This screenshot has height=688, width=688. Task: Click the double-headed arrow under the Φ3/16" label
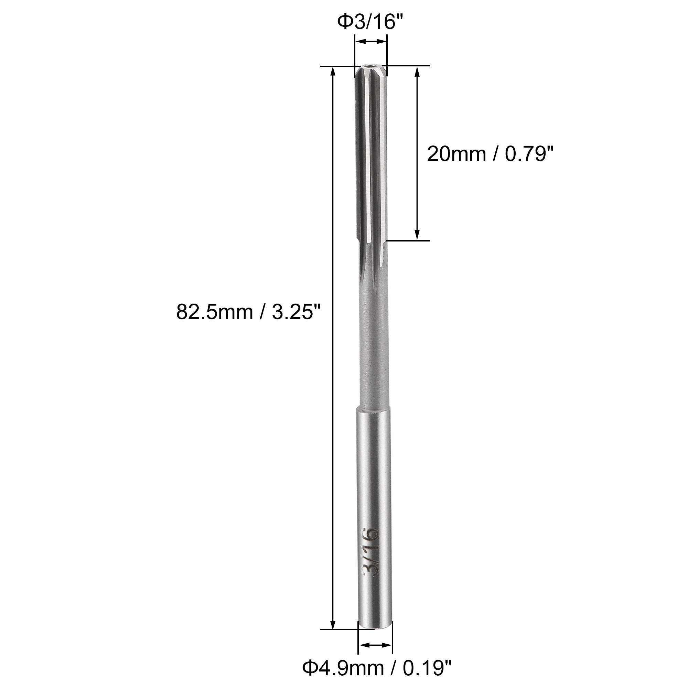coord(371,42)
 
